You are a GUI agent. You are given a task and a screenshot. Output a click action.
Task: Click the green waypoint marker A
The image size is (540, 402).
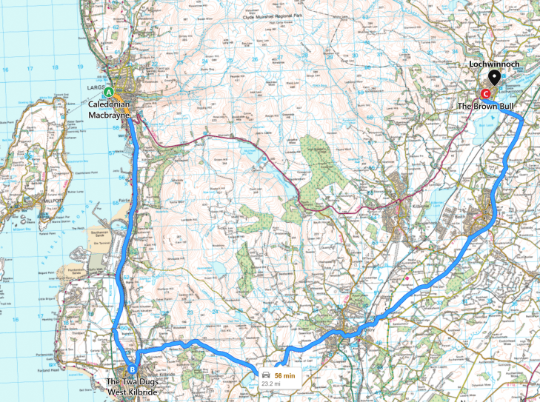click(109, 93)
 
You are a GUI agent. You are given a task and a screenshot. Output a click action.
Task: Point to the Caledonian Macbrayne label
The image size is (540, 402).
click(110, 110)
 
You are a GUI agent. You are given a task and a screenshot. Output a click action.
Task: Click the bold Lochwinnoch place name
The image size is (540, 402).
click(495, 64)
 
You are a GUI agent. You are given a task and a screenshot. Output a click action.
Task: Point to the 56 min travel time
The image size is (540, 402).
click(284, 375)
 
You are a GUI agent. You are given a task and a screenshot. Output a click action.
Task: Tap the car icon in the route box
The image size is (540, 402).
click(265, 375)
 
